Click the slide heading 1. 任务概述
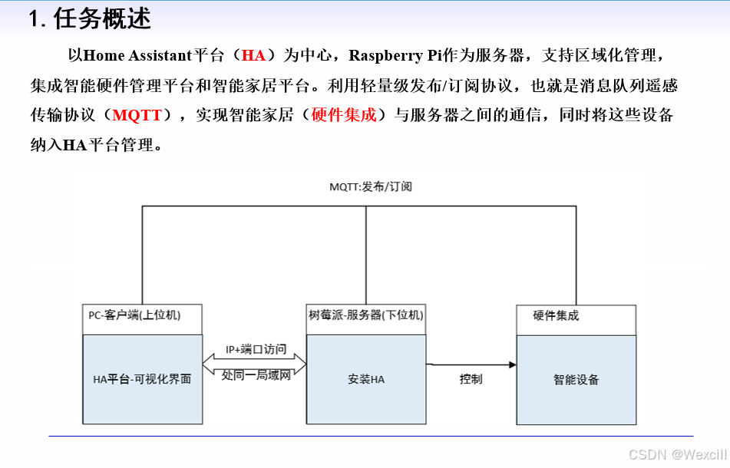90,18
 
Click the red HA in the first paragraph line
253,55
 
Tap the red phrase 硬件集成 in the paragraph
344,116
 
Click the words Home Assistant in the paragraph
136,55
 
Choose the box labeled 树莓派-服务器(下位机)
365,315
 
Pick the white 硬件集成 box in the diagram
576,316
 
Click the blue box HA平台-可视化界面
141,379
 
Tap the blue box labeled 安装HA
365,379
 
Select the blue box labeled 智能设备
576,379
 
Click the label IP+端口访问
255,350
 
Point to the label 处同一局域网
255,376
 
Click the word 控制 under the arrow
471,379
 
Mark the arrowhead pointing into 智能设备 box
510,364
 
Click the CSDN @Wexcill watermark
677,454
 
